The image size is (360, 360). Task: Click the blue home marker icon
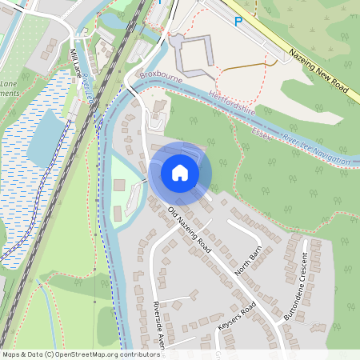pos(180,172)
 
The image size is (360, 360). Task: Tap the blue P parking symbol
pos(238,22)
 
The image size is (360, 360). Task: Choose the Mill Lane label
pos(78,63)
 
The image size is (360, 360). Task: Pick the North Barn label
pos(248,262)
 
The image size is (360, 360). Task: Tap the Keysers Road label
pos(236,318)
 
